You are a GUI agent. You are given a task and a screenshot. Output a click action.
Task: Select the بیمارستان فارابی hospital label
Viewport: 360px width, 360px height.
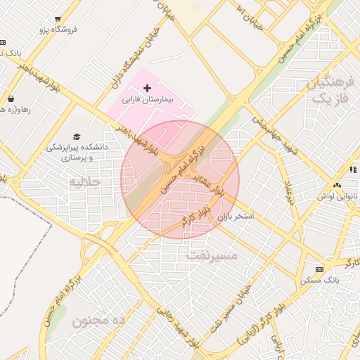[152, 101]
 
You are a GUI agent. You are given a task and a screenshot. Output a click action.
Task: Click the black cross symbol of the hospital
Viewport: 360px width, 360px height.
[146, 88]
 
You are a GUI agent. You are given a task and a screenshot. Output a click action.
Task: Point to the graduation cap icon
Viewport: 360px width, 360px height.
[76, 136]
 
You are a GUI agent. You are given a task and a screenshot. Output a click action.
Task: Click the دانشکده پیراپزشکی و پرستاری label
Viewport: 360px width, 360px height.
[75, 153]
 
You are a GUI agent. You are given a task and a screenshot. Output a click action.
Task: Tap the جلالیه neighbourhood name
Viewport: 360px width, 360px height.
[85, 181]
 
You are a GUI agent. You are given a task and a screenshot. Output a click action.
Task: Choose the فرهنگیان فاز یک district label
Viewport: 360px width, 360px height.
[328, 91]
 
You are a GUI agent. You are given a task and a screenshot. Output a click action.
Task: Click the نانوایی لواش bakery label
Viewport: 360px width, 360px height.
[333, 196]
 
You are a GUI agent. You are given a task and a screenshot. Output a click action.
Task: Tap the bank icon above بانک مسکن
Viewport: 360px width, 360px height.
[320, 269]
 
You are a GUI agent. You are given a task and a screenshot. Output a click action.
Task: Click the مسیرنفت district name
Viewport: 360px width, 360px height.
[212, 256]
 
